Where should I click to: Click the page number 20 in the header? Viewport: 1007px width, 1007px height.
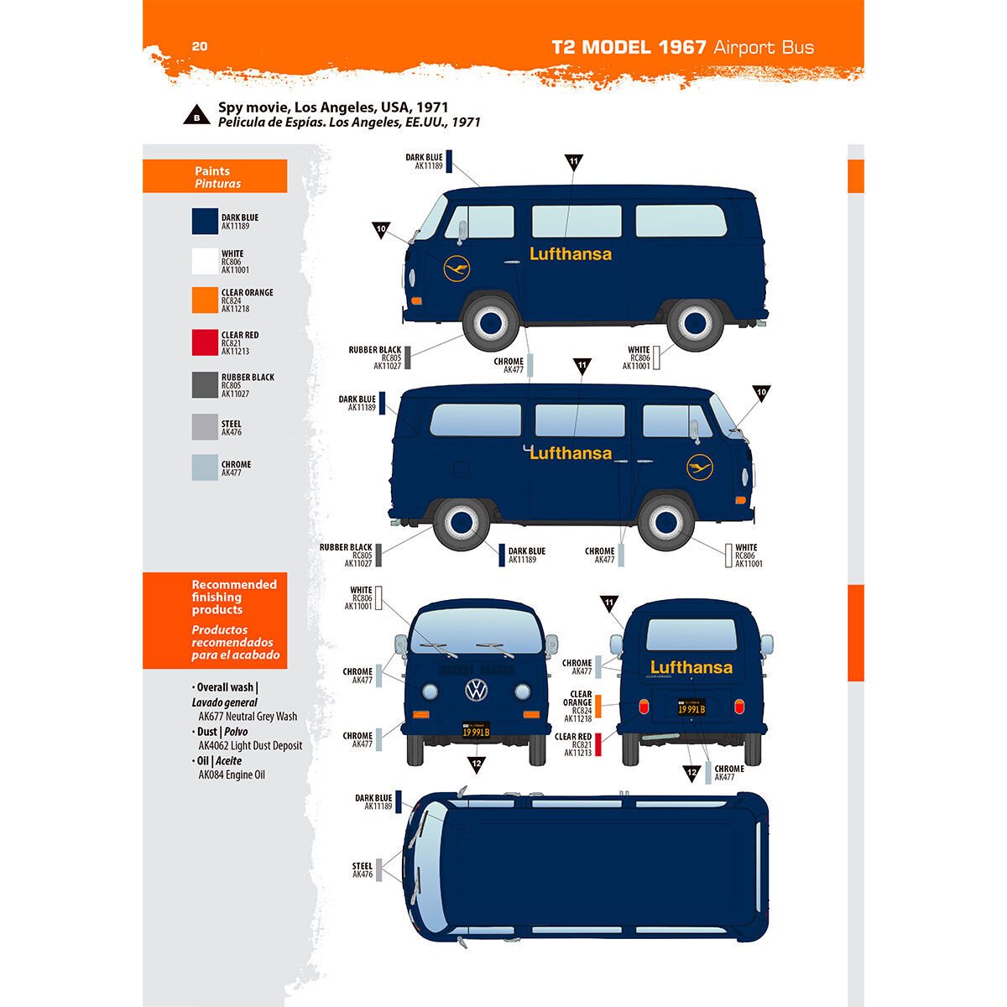tap(200, 46)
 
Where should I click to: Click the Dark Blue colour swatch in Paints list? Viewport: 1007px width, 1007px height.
tap(205, 222)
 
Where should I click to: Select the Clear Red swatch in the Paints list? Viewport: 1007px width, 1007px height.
tap(205, 342)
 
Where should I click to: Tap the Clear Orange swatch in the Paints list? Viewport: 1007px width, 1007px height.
tap(205, 300)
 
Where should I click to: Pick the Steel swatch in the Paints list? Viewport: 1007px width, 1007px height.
tap(205, 427)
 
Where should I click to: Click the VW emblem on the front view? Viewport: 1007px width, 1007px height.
tap(477, 691)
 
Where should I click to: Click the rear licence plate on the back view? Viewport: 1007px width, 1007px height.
tap(691, 708)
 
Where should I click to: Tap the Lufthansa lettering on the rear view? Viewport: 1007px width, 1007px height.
tap(691, 668)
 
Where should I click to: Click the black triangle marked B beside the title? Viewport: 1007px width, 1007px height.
tap(196, 116)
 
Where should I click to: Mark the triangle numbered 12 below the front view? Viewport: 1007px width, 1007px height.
tap(477, 764)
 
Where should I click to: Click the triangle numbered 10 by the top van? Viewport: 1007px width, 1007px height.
tap(381, 229)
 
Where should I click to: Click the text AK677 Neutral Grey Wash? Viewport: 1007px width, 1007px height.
tap(248, 717)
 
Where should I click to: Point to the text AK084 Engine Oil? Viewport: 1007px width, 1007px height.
tap(232, 775)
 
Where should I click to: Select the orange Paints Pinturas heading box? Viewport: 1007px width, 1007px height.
tap(215, 177)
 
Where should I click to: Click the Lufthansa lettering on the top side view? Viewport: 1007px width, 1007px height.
tap(571, 253)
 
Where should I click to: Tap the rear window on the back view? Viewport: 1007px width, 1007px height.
tap(691, 634)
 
